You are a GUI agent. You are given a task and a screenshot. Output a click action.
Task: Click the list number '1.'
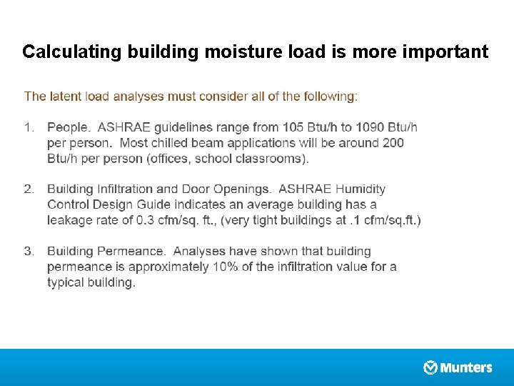pos(29,127)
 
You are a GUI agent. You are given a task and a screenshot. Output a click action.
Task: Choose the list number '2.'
pos(29,189)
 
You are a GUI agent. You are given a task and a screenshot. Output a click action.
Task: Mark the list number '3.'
pos(29,252)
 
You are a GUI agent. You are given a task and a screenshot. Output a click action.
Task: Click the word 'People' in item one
pos(67,127)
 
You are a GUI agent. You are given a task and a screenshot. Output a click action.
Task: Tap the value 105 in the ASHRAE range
pos(293,127)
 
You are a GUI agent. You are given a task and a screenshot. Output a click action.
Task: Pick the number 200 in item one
pos(393,143)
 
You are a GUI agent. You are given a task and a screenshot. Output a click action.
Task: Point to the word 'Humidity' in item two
pos(361,189)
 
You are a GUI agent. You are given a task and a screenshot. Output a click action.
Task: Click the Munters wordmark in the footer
pos(466,368)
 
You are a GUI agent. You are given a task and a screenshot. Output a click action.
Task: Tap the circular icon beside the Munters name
pos(430,367)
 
